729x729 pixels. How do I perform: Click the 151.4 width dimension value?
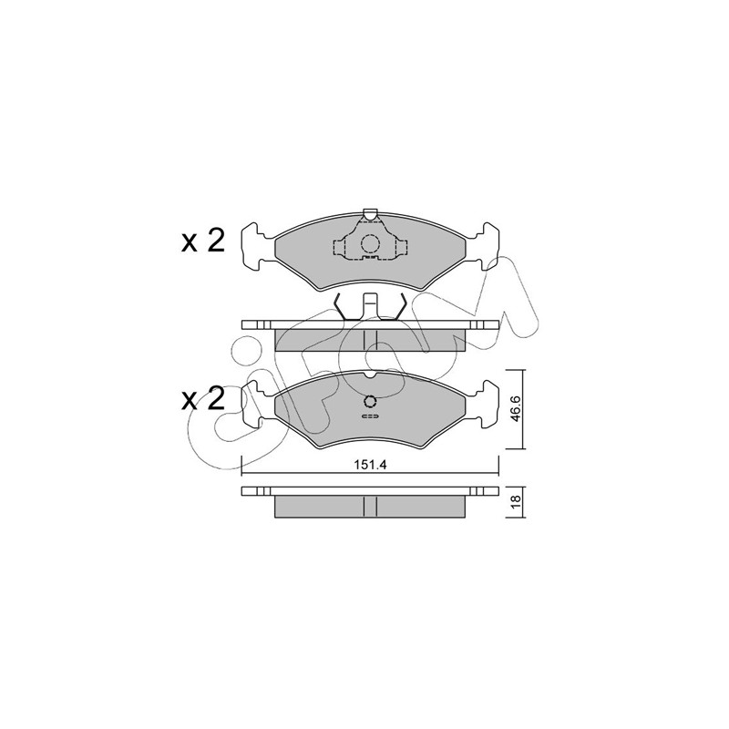coord(371,465)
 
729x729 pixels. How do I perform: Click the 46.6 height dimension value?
coord(516,408)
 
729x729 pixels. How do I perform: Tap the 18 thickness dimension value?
coord(515,502)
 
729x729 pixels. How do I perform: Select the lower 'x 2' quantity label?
coord(202,400)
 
